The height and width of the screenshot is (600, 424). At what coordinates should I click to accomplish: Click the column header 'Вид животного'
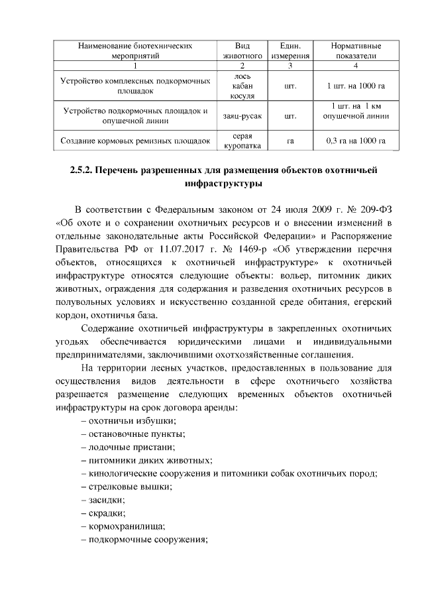pos(241,51)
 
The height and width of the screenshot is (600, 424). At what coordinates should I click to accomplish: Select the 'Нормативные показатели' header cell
pos(356,51)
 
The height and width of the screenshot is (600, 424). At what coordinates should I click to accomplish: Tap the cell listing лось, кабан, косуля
pos(241,86)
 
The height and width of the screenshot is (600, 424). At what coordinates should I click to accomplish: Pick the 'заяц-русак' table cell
pos(241,116)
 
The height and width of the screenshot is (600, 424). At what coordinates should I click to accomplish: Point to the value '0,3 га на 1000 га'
pos(356,141)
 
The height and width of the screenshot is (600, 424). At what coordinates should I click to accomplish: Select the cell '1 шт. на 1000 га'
pos(356,86)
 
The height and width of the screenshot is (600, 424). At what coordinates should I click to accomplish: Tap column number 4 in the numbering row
pos(356,66)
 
